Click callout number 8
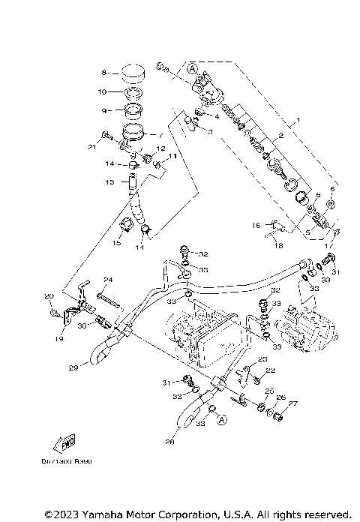[x=104, y=73]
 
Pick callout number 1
[x=298, y=120]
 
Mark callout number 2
[x=280, y=136]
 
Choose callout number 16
[x=256, y=224]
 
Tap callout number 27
[x=293, y=404]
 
